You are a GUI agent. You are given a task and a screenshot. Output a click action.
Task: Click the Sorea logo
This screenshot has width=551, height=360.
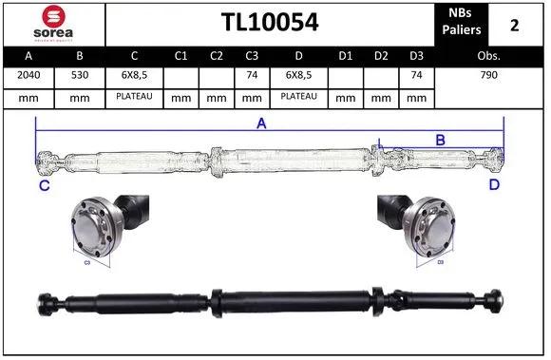(53, 23)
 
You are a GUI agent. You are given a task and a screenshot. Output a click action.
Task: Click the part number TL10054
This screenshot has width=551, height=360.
(270, 23)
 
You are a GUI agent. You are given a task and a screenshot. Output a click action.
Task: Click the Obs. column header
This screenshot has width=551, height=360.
(488, 56)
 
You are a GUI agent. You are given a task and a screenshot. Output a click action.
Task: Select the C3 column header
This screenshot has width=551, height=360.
(252, 56)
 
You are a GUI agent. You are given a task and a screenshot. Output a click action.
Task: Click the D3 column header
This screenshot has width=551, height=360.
(415, 56)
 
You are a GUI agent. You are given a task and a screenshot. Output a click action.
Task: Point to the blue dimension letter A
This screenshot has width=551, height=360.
(260, 124)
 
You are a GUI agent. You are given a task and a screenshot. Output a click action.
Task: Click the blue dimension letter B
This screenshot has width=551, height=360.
(440, 141)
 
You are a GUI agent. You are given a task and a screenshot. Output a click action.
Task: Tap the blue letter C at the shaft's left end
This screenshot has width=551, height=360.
(44, 185)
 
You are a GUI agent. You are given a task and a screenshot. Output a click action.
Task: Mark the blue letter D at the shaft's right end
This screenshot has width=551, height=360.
(494, 184)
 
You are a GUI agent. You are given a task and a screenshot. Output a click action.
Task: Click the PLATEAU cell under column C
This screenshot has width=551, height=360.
(135, 96)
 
